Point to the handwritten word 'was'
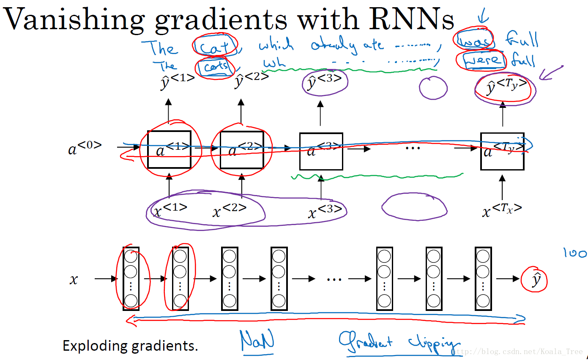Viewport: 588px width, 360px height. [x=474, y=41]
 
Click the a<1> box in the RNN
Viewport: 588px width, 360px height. [x=169, y=150]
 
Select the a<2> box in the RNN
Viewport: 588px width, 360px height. [x=242, y=150]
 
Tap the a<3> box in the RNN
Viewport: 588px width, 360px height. [x=321, y=151]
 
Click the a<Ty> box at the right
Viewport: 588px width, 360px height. [x=502, y=151]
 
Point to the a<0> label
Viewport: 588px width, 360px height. [x=85, y=148]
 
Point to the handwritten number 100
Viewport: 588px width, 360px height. [x=575, y=253]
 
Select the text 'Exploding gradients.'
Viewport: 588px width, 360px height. [x=130, y=346]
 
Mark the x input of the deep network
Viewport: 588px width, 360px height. [x=74, y=279]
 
